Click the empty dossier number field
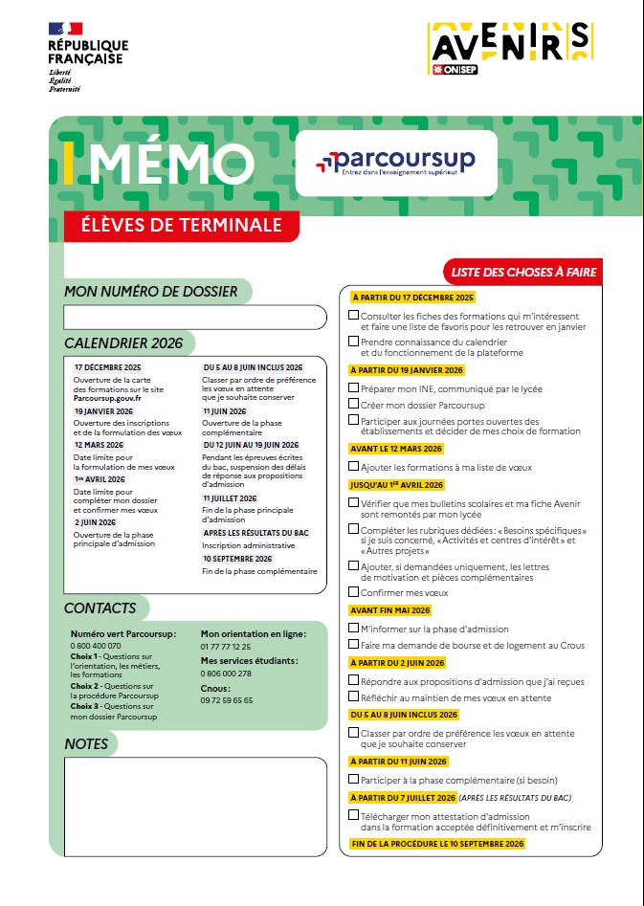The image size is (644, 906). coord(195,318)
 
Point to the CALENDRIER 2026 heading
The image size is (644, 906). coord(123,343)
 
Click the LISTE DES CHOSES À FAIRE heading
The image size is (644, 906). coord(523,273)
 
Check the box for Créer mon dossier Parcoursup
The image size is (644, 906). coord(353,405)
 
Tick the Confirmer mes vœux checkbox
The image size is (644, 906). coord(353,592)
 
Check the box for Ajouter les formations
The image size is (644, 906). coord(353,466)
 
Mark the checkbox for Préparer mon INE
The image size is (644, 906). coord(353,388)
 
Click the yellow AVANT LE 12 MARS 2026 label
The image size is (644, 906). coord(397,448)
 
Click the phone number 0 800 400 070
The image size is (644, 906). coord(96,646)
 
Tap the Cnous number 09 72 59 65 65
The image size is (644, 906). coord(227,700)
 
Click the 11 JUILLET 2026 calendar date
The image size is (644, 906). coord(230,498)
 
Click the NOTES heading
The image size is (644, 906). coord(86,743)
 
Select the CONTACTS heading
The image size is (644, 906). coord(100,608)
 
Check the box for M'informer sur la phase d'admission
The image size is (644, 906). coord(353,629)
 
